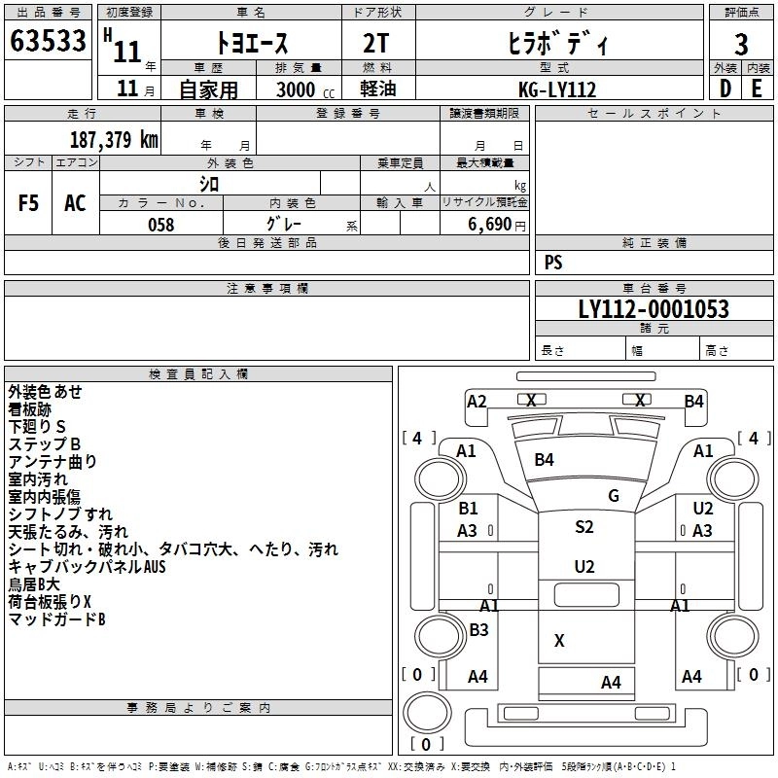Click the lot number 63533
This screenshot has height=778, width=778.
[48, 44]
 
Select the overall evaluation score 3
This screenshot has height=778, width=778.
[741, 44]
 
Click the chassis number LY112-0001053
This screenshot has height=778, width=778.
[653, 309]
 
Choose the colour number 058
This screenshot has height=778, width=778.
[160, 224]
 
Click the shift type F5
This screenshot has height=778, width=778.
[29, 203]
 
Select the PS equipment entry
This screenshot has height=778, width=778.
[553, 263]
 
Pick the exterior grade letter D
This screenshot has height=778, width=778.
[725, 88]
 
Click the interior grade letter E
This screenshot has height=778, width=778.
[757, 88]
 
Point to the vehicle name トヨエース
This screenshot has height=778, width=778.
[250, 44]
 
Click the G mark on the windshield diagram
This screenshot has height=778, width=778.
[614, 495]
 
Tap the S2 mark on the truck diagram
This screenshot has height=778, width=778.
[583, 527]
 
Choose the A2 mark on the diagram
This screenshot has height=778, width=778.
[477, 401]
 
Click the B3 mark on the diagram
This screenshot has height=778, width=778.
[478, 629]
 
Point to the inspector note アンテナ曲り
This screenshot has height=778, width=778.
[53, 461]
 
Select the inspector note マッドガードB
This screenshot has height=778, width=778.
[56, 619]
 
